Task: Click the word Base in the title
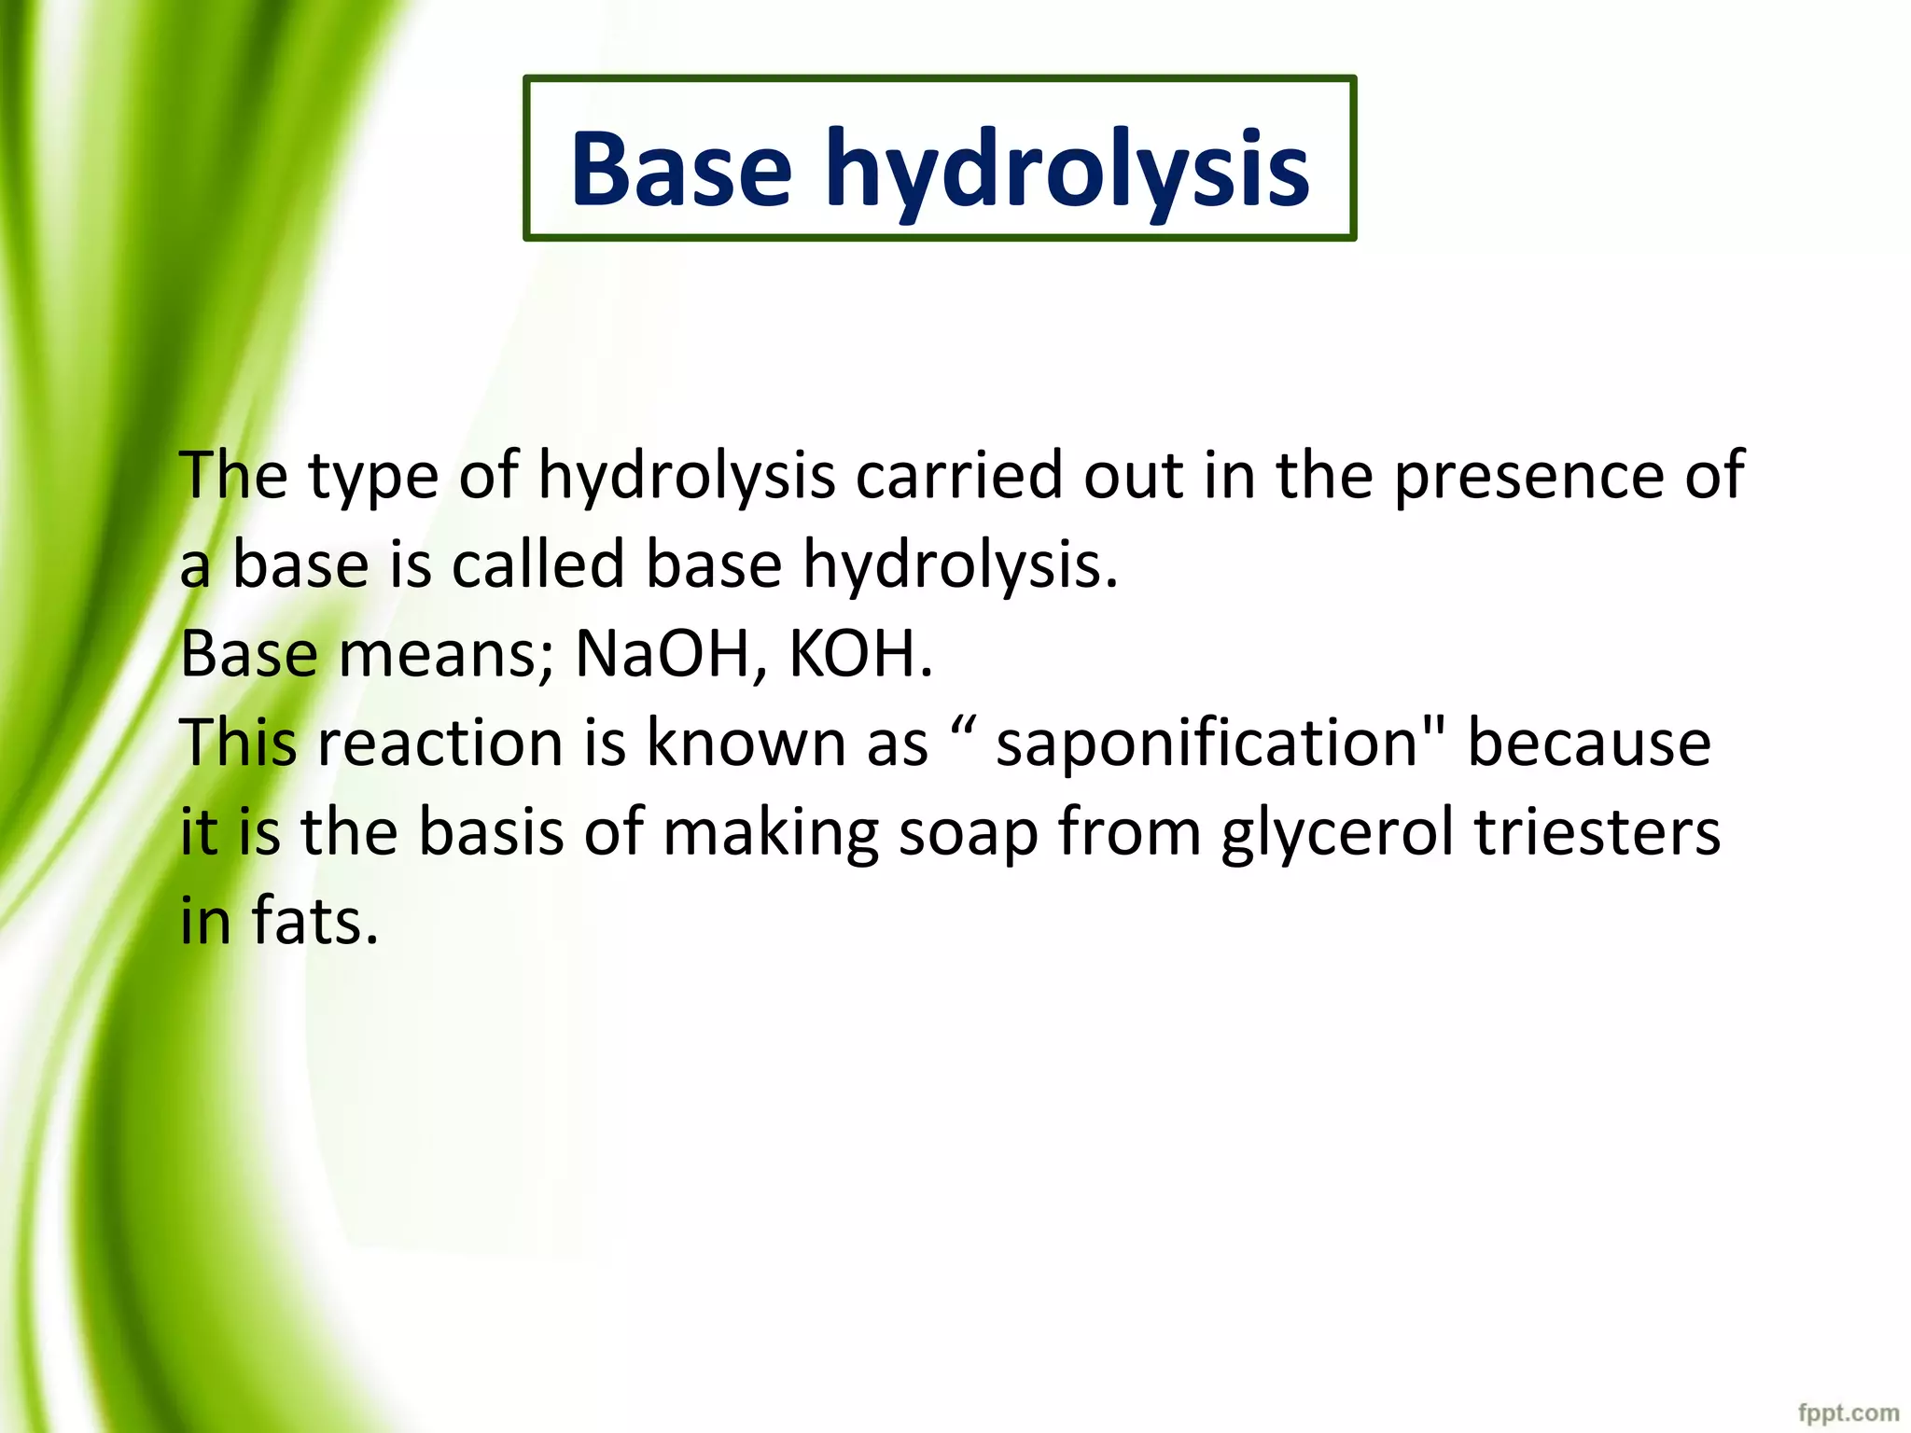680,170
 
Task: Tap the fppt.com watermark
1848,1412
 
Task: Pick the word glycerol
1337,834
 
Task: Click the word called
538,564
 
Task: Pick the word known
746,744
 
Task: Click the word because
1589,744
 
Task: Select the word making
771,834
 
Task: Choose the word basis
491,832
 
